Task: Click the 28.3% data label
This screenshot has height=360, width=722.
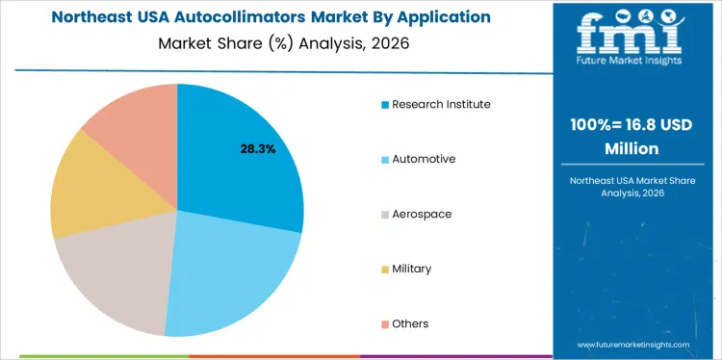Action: (x=257, y=149)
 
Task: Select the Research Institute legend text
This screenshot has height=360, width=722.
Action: (x=441, y=104)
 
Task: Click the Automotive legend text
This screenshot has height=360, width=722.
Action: (x=424, y=159)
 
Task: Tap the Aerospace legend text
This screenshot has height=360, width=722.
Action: (x=422, y=214)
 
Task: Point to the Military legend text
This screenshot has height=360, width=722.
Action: (x=411, y=269)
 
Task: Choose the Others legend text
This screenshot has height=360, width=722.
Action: (x=410, y=323)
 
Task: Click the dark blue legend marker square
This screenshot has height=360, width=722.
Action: (x=385, y=104)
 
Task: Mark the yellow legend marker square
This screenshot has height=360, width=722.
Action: (x=385, y=269)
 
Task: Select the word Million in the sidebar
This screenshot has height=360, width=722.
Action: (x=632, y=149)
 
